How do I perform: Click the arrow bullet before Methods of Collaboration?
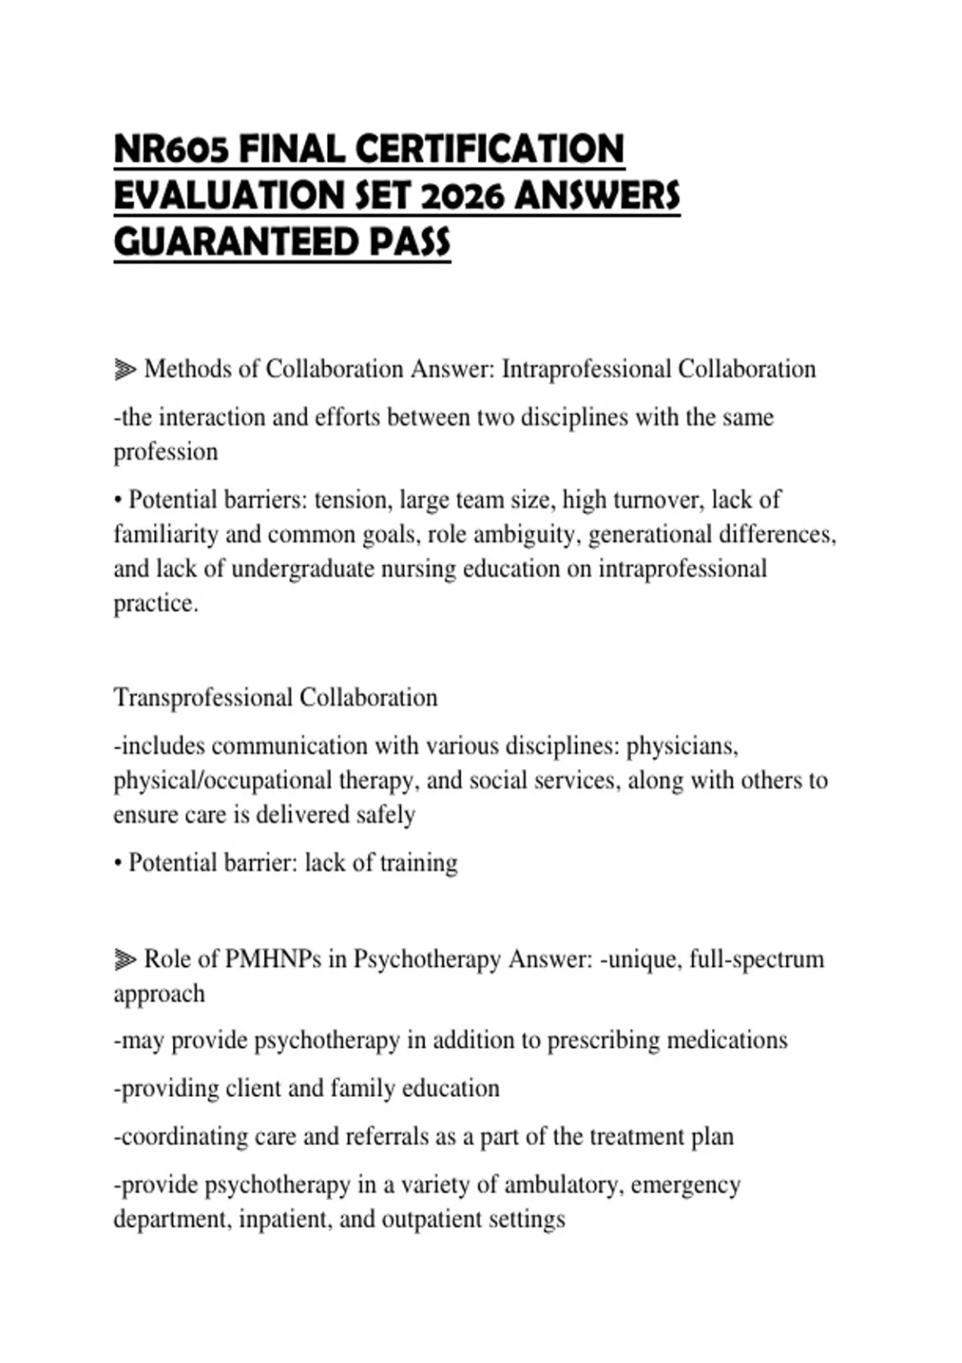coord(125,370)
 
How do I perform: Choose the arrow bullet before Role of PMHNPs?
coord(125,959)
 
